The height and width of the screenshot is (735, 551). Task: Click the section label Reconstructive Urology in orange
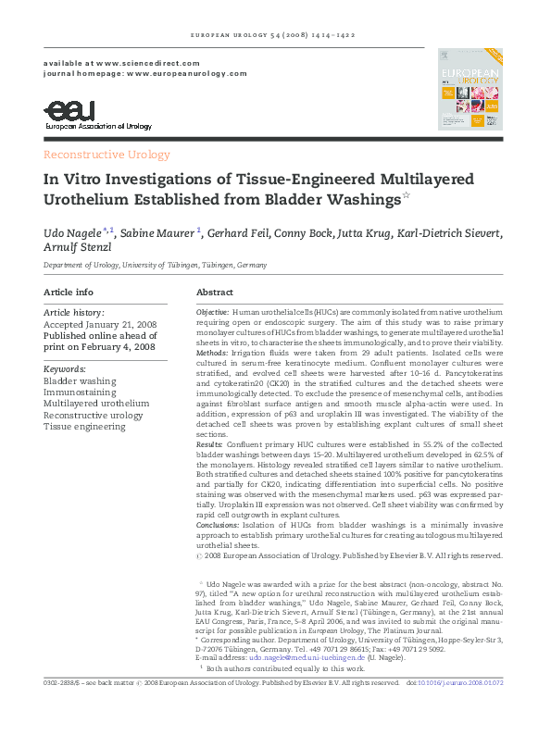[106, 155]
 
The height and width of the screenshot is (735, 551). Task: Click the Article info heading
[69, 293]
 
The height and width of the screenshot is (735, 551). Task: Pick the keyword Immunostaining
[81, 392]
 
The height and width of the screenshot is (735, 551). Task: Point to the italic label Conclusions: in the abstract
[219, 526]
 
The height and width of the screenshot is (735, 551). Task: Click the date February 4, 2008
[131, 347]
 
